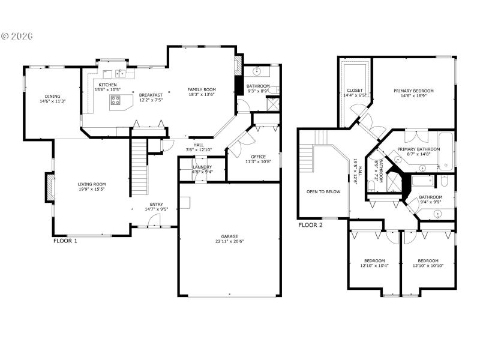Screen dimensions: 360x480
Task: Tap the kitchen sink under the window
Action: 121,74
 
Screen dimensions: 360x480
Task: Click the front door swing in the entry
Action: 154,221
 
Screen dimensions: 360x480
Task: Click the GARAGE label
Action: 230,236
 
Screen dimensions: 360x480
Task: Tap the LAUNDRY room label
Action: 202,167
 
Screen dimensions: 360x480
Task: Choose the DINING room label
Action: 52,96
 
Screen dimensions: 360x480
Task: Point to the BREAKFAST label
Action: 151,95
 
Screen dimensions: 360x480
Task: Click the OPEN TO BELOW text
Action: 323,191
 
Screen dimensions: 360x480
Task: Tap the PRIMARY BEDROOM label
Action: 413,91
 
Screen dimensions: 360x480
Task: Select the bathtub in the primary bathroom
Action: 445,151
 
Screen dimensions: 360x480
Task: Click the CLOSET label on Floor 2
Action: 355,90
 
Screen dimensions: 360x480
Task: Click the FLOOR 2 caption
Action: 310,226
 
